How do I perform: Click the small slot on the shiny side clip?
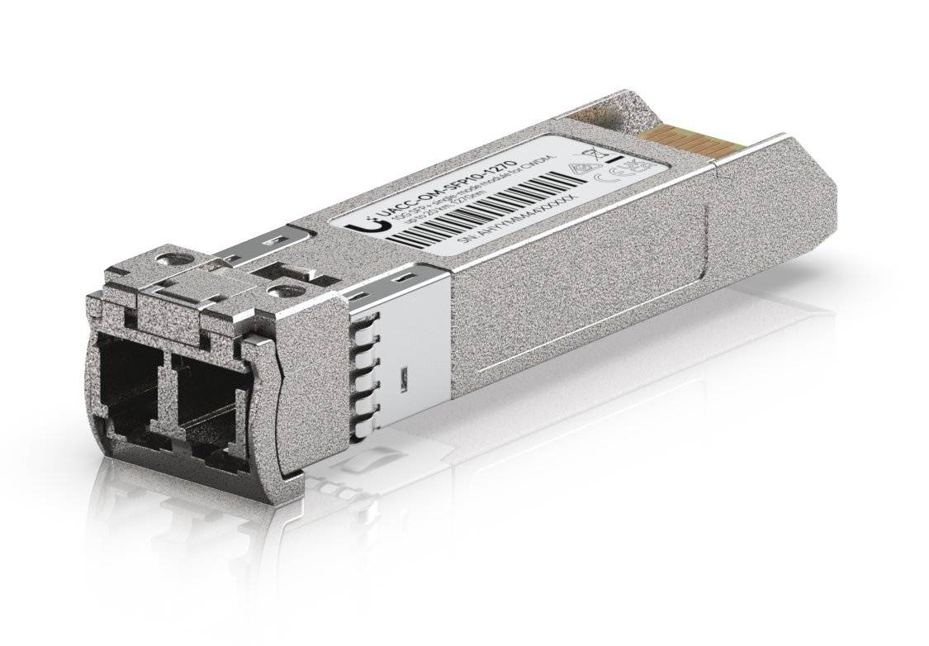pyautogui.click(x=402, y=379)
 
